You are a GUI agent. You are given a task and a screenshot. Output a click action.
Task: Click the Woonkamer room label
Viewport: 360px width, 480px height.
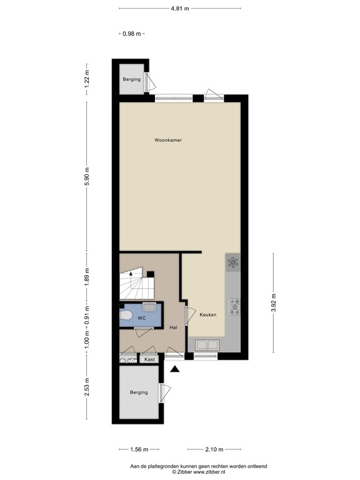[x=168, y=141]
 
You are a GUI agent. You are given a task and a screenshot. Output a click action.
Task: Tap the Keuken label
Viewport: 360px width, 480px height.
[x=208, y=315]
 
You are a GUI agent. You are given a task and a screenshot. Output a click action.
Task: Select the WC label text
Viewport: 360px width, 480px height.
[x=142, y=319]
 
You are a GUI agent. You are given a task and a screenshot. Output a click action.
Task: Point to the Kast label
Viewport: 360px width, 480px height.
[x=149, y=359]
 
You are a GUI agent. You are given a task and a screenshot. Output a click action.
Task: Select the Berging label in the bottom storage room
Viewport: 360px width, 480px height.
[x=139, y=392]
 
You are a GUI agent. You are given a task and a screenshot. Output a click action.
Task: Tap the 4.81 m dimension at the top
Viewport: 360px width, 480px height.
[x=180, y=9]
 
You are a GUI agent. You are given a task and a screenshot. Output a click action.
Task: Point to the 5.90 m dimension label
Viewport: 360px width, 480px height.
[x=87, y=177]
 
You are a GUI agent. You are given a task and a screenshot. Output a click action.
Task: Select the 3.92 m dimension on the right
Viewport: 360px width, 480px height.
[x=272, y=302]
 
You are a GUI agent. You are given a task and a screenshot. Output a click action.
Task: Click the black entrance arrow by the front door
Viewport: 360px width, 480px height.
[x=175, y=369]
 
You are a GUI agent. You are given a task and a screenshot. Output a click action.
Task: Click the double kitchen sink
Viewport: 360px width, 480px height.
[x=207, y=344]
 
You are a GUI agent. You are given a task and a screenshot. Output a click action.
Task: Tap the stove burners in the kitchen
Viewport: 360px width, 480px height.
[x=234, y=306]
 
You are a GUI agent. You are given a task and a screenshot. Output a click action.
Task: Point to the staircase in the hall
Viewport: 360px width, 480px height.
[x=134, y=287]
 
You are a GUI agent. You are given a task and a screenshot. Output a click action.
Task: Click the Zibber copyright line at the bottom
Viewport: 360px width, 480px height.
[x=180, y=472]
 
